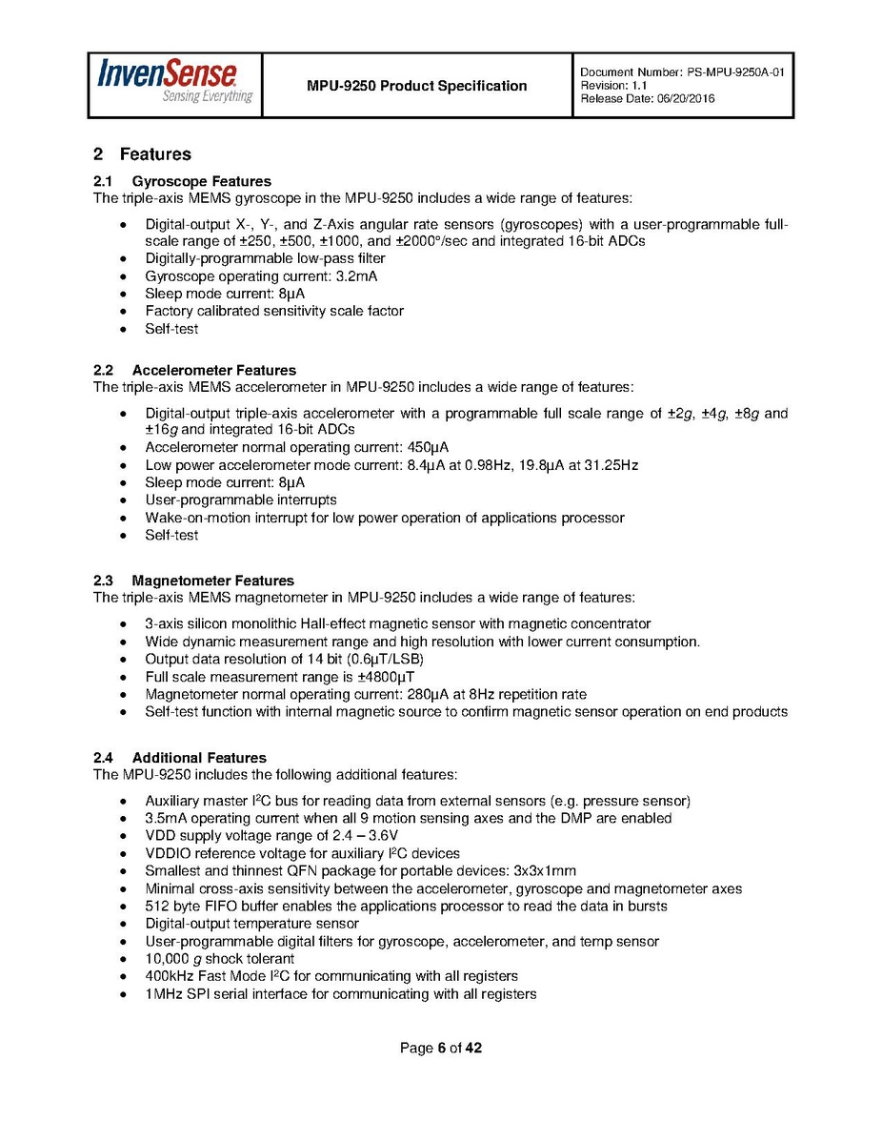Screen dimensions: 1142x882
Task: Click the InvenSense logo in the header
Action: point(175,82)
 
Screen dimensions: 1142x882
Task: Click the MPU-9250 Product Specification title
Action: point(416,86)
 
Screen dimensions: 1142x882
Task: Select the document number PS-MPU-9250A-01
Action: point(733,72)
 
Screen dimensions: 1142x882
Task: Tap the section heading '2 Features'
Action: point(142,154)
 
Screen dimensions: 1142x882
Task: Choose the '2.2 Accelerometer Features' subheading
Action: point(194,370)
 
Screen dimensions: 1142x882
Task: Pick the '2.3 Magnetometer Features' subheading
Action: point(193,581)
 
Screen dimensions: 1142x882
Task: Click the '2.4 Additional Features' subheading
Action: point(180,758)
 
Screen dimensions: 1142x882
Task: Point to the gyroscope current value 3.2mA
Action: point(356,276)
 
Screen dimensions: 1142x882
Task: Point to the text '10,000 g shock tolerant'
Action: point(219,959)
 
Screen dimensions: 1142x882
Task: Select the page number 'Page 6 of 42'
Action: point(441,1049)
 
